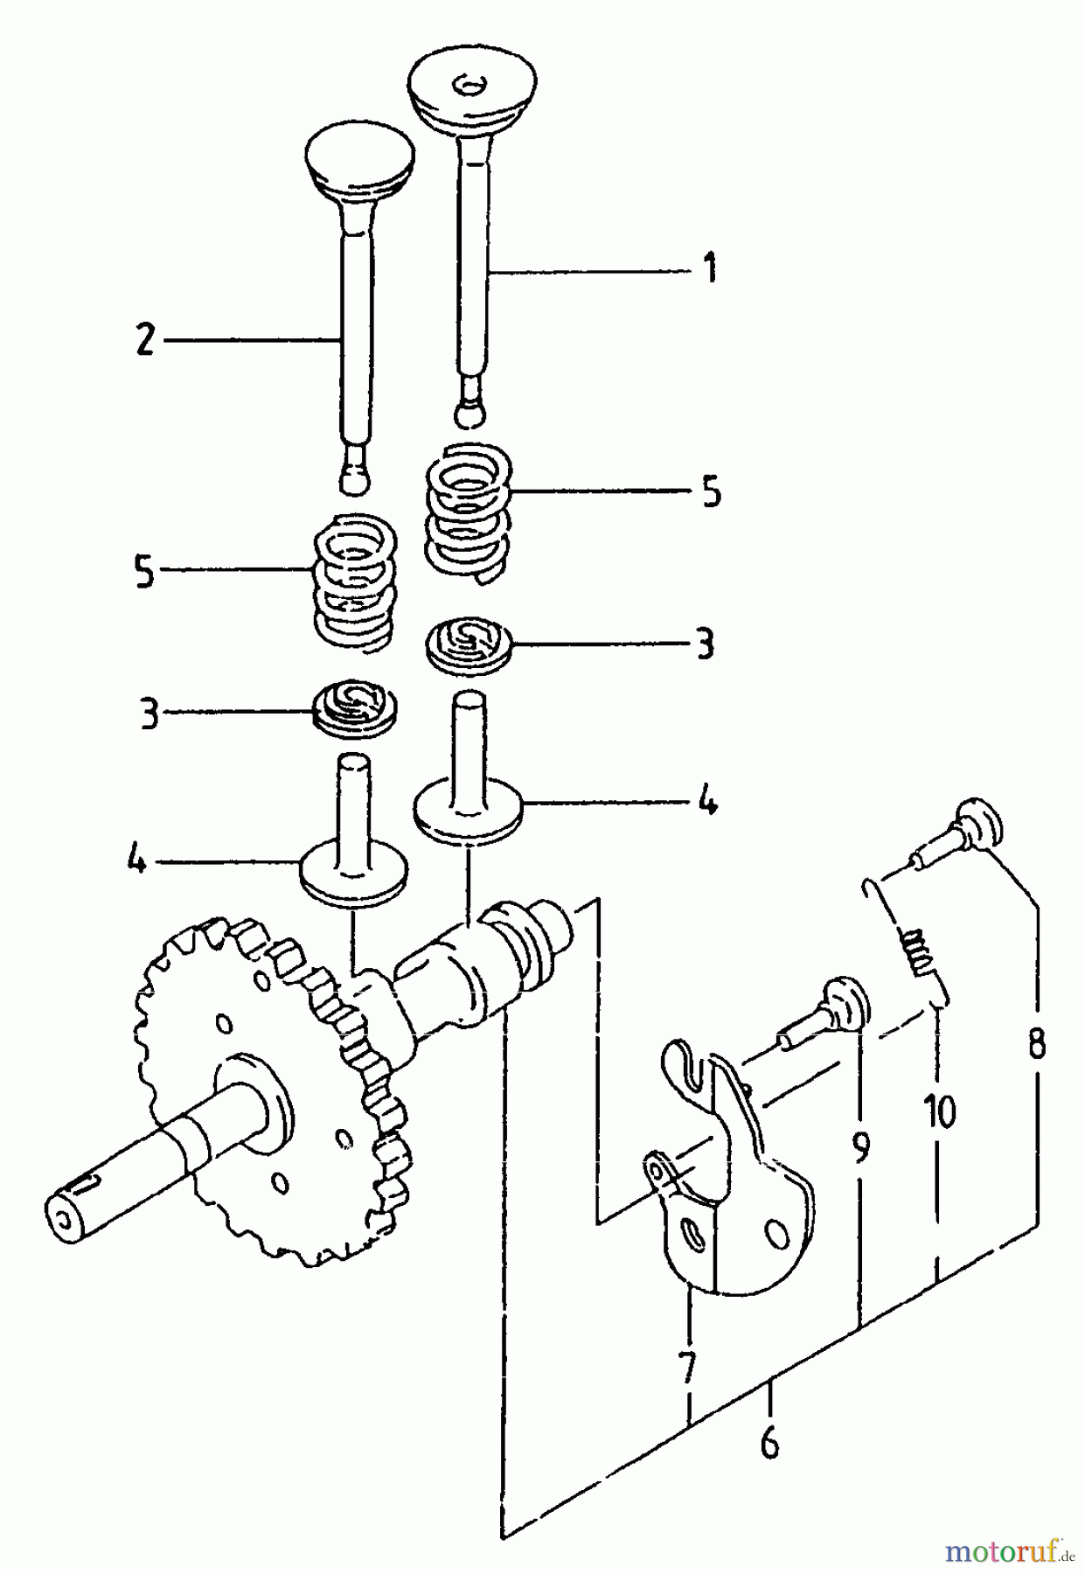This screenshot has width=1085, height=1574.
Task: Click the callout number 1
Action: (709, 268)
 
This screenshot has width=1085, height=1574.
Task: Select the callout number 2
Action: (144, 339)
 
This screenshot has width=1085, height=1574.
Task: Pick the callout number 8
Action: (1037, 1043)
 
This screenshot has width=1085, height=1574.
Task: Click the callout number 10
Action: (938, 1111)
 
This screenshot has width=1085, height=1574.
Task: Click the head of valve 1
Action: (472, 87)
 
